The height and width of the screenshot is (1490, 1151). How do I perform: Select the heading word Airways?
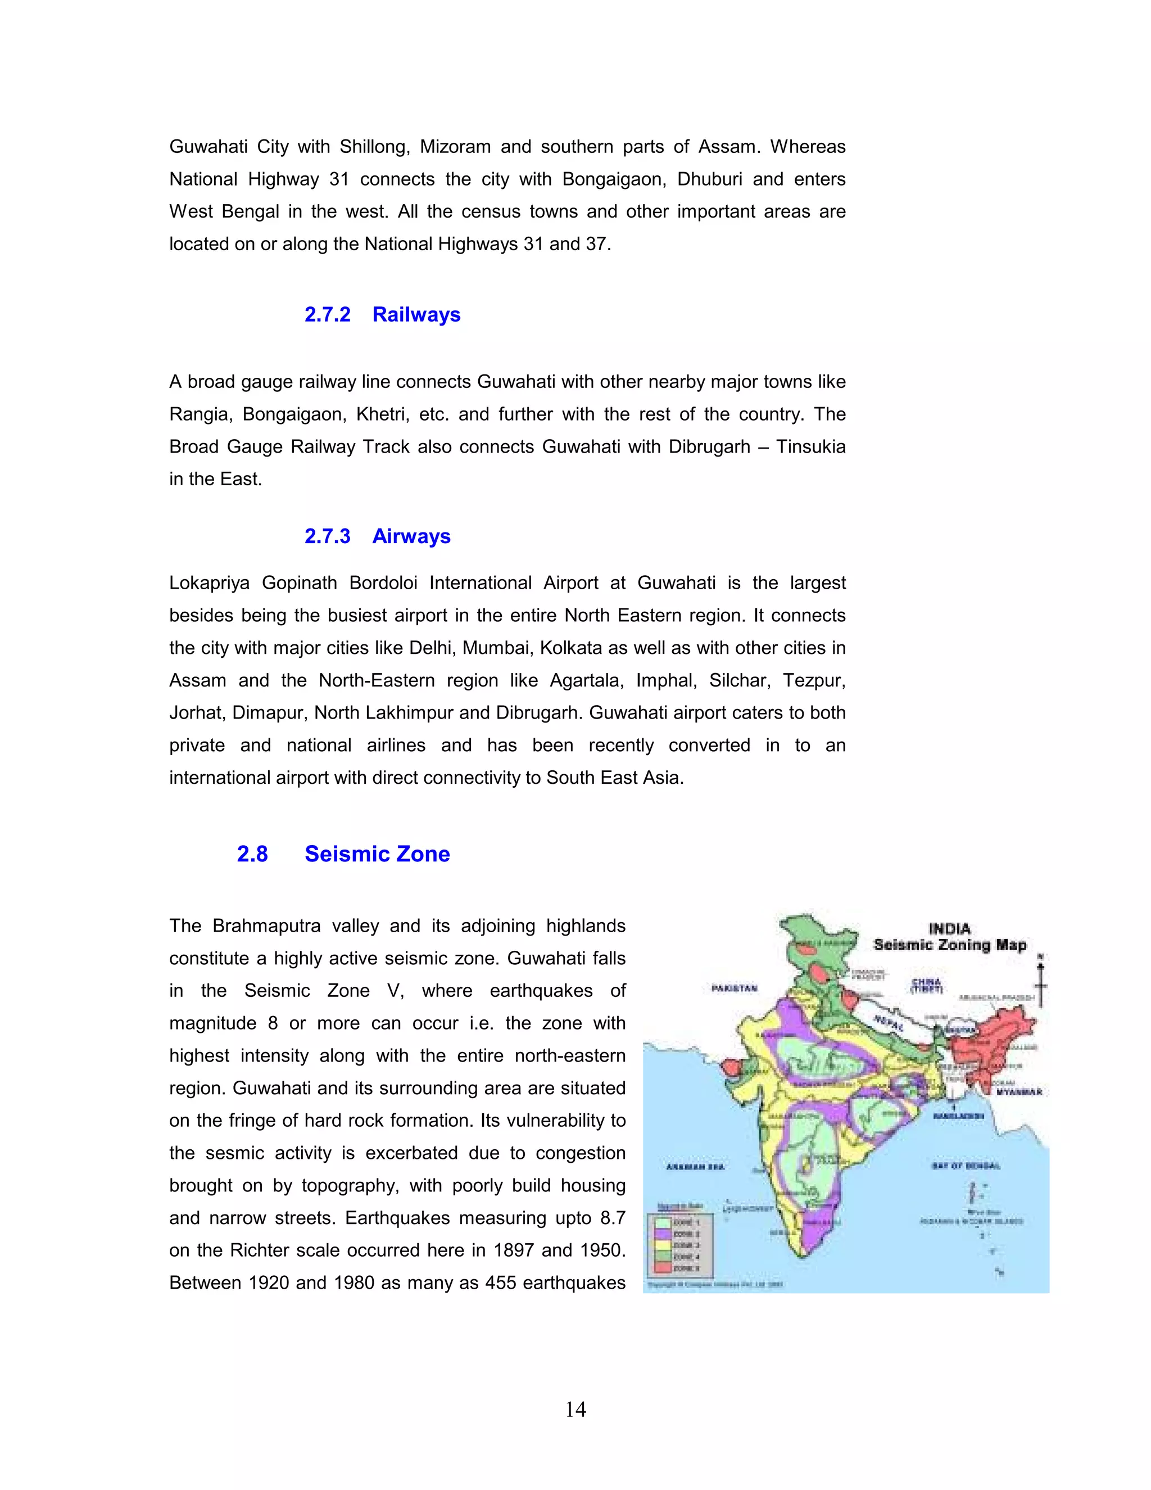coord(411,536)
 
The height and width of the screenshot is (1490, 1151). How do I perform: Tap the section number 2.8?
coord(252,854)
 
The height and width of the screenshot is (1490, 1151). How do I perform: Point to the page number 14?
coord(575,1409)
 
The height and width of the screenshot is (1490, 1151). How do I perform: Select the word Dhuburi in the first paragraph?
coord(709,179)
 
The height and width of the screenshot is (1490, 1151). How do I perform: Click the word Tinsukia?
coord(811,447)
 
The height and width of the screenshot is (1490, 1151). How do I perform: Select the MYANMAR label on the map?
coord(1019,1092)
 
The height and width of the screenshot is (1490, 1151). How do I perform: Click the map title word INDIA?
coord(949,928)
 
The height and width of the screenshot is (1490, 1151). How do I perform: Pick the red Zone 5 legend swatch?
coord(663,1268)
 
